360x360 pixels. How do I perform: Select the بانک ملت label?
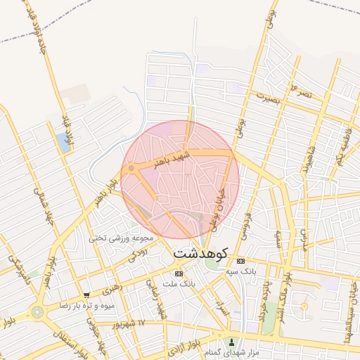click(178, 283)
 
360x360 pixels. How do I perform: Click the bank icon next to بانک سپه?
click(240, 260)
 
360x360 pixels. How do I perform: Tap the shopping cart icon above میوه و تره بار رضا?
click(86, 295)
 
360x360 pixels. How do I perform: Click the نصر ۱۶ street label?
click(297, 90)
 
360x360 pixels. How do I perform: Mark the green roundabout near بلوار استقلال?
click(37, 311)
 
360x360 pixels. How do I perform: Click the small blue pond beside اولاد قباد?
click(65, 144)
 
